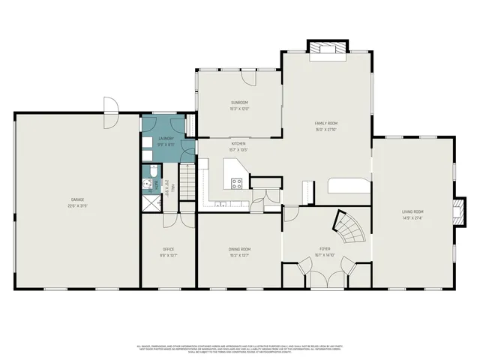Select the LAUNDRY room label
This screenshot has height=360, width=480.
(x=167, y=138)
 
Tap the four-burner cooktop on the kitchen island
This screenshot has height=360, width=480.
(x=237, y=182)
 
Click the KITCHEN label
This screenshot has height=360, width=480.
(x=238, y=143)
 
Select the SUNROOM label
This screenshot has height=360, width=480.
(x=238, y=102)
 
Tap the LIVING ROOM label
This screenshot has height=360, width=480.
(x=412, y=211)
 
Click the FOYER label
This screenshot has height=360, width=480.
(x=325, y=248)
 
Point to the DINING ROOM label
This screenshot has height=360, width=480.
(x=239, y=248)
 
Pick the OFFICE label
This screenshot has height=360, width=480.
(x=169, y=248)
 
